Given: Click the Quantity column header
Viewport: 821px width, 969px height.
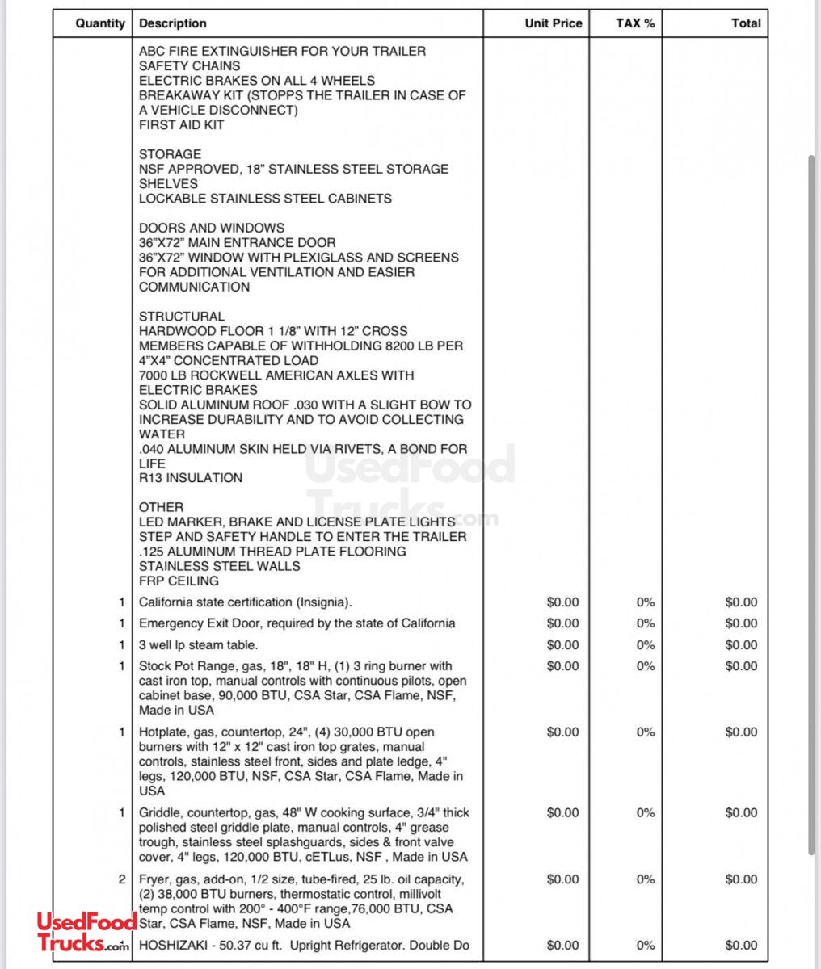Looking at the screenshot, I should click(x=100, y=23).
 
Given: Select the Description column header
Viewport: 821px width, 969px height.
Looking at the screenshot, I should click(x=173, y=23).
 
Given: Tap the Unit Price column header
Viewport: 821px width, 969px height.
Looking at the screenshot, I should click(x=553, y=23).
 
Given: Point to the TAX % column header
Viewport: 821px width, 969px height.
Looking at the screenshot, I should click(x=635, y=23).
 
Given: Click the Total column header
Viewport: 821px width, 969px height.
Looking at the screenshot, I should click(x=746, y=23).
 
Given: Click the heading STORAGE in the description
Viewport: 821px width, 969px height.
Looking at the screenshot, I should click(x=170, y=154).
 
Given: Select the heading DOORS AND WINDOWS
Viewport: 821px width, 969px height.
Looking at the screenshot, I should click(x=212, y=228).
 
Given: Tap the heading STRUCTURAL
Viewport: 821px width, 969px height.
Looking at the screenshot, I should click(x=182, y=317).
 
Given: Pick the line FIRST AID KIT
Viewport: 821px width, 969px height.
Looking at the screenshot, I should click(x=182, y=125).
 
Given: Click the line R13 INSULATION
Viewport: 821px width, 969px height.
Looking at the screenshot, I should click(x=191, y=478).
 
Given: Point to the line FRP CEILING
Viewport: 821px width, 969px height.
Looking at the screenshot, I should click(x=179, y=581).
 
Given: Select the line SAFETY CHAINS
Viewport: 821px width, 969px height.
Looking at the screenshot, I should click(x=189, y=65).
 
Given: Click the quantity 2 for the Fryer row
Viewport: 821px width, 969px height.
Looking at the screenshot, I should click(x=122, y=879).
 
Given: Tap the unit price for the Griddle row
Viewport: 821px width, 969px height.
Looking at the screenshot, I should click(x=562, y=813).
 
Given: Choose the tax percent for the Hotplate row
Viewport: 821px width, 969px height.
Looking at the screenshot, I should click(x=645, y=732).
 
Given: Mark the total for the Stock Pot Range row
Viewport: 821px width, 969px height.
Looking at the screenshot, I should click(x=741, y=666).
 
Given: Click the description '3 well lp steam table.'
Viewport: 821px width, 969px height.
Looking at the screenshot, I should click(x=199, y=645).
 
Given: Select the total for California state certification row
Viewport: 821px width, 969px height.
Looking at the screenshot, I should click(x=741, y=602).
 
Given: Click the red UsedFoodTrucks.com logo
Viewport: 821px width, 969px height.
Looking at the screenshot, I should click(x=83, y=933).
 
